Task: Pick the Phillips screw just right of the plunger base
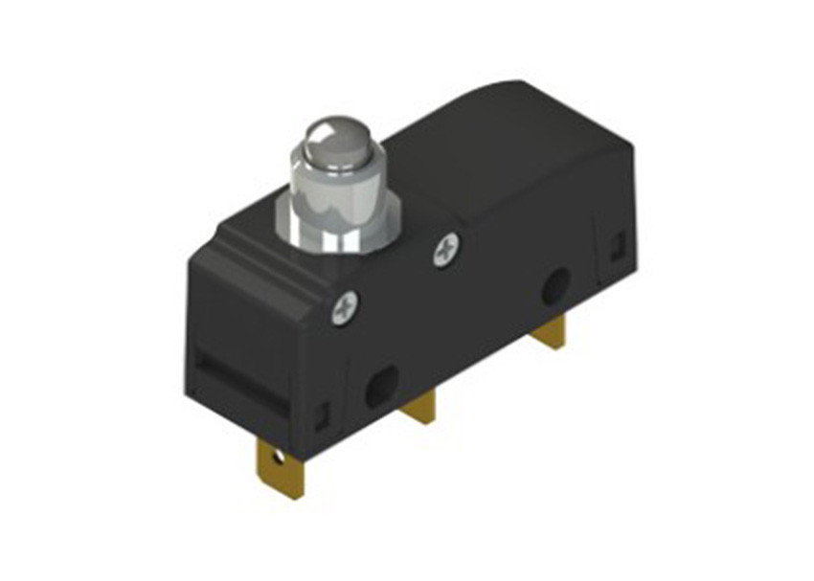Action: click(446, 251)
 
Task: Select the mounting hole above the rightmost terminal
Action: click(554, 287)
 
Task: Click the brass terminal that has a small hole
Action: click(281, 469)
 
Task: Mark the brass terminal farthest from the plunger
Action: click(549, 332)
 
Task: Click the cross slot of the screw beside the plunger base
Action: click(446, 251)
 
